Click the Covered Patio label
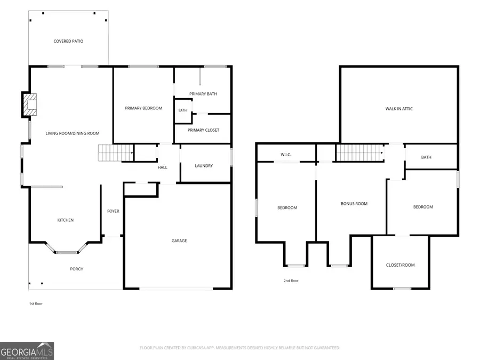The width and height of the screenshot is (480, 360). [68, 41]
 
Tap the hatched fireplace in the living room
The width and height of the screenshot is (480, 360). [30, 105]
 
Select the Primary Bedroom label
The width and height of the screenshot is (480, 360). [143, 108]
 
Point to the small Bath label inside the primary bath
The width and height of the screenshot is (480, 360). [182, 110]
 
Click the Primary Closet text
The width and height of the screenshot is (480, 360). [203, 130]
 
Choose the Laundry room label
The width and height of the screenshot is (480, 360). [204, 166]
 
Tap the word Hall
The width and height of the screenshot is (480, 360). [163, 167]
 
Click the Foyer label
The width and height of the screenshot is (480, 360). [113, 211]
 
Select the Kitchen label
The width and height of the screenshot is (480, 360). [66, 220]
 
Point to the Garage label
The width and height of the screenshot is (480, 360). [179, 241]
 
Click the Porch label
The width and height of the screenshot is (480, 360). [76, 269]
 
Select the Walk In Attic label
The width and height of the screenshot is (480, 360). [399, 109]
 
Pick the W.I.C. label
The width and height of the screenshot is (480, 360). [286, 155]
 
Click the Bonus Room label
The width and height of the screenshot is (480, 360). [354, 204]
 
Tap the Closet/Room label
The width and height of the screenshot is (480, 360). [401, 265]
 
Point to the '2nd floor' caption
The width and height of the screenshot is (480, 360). [291, 281]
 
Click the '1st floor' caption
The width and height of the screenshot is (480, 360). [36, 303]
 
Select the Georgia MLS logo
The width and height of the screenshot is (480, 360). [27, 351]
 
